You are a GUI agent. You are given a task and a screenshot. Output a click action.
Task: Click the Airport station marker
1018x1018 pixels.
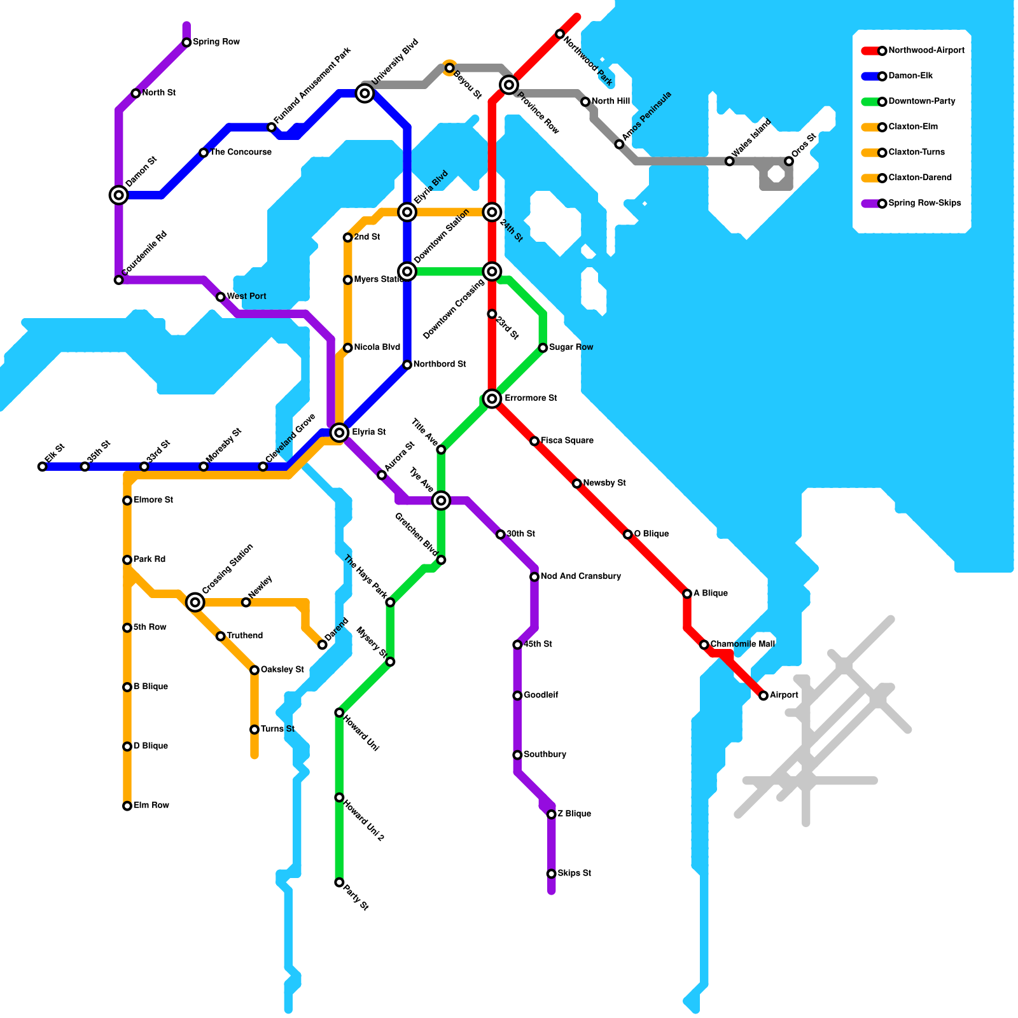pos(763,695)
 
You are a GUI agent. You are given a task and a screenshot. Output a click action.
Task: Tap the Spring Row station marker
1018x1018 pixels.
pos(186,43)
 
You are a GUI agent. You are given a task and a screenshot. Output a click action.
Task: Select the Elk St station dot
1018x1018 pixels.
pos(42,467)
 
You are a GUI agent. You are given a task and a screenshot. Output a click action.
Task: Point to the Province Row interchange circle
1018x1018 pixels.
pos(508,84)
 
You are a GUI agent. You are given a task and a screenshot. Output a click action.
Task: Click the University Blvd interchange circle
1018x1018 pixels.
pos(365,94)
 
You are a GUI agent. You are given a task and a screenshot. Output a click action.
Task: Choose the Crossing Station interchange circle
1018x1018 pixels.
pos(195,602)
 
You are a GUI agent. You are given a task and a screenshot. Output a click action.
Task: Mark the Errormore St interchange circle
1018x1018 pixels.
pos(492,399)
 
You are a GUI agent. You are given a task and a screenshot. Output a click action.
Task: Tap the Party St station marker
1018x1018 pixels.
pos(339,882)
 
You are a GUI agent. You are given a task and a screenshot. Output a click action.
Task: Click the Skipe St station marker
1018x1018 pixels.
pos(551,874)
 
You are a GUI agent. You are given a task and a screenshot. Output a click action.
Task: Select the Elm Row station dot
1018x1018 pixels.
pos(127,806)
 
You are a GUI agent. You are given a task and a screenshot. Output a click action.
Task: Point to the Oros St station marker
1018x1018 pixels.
pos(789,161)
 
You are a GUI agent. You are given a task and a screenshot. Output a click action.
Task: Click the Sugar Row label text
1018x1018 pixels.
pos(571,347)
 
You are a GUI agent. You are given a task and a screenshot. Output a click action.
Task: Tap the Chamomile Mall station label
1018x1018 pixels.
pos(743,645)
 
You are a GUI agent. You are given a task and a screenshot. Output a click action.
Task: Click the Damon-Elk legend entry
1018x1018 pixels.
pos(910,76)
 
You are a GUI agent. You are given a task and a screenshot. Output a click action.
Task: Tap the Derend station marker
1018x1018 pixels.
pos(323,645)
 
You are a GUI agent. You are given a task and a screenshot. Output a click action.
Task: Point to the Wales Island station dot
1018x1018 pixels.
pos(730,161)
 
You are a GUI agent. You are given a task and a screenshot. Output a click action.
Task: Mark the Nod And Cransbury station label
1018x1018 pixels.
pos(580,576)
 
